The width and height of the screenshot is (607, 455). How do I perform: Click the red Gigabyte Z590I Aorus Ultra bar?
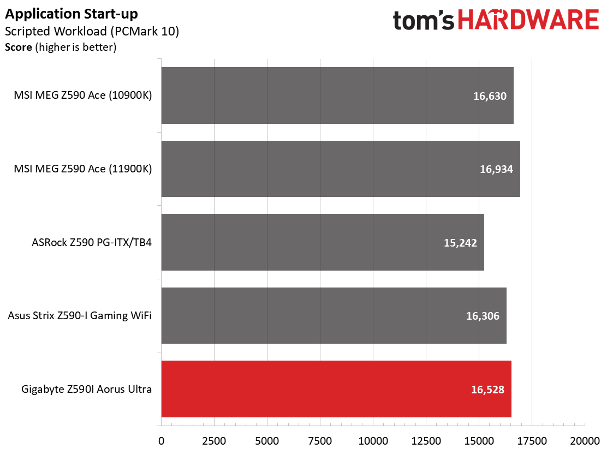coord(336,389)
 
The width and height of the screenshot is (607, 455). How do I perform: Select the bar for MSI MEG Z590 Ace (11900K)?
coord(341,169)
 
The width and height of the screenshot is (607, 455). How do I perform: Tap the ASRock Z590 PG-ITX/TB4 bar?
coord(323,242)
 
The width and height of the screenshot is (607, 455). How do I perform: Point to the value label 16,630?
coord(490,96)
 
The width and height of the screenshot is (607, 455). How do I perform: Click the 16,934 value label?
coord(496,169)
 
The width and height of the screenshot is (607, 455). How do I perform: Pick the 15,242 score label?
coord(460,243)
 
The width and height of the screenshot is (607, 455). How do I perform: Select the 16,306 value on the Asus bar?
coord(483,316)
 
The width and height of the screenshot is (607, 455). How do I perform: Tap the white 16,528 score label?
coord(488,390)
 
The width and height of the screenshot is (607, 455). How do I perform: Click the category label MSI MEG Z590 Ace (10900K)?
coord(83,95)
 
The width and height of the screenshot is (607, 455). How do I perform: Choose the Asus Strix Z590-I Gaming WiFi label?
coord(80,316)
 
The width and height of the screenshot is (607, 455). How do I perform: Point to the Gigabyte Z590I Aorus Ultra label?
coord(86,389)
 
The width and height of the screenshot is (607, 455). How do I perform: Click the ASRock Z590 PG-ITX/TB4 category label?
coord(92,243)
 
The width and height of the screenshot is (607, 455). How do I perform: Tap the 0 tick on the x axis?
coord(162,441)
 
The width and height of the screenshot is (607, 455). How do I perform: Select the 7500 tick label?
coord(320,441)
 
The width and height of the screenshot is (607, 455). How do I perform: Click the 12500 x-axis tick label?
coord(426,441)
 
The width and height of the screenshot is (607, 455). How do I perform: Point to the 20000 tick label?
coord(585,441)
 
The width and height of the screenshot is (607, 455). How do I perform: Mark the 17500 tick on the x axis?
coord(532,441)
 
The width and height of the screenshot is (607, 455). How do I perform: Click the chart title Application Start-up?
coord(71,14)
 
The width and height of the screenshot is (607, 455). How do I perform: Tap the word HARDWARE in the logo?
coord(529,20)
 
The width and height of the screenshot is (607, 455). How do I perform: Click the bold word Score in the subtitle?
coord(19,47)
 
